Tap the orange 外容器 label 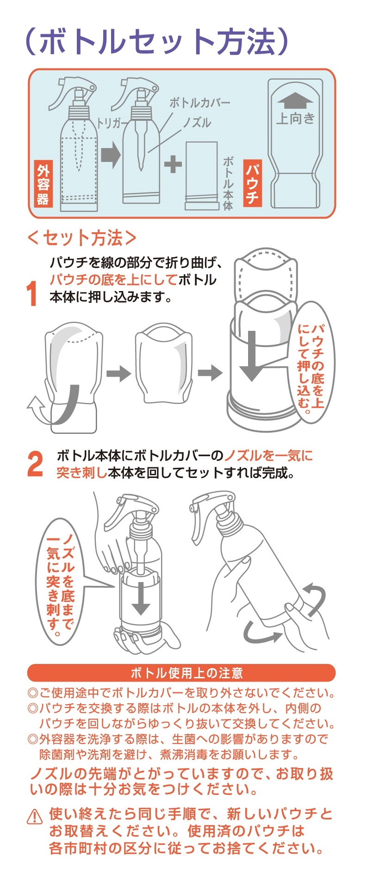[x=43, y=184]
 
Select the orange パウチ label [x=252, y=184]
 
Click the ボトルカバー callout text [x=199, y=103]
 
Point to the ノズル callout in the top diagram [x=196, y=123]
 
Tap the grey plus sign [x=173, y=164]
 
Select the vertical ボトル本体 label [x=228, y=183]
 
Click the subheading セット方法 [x=82, y=238]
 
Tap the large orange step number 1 [x=32, y=293]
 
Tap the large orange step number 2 [x=35, y=464]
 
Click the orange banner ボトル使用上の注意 [x=181, y=673]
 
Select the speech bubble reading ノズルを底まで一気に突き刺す [x=61, y=582]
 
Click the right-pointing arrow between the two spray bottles [x=111, y=155]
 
